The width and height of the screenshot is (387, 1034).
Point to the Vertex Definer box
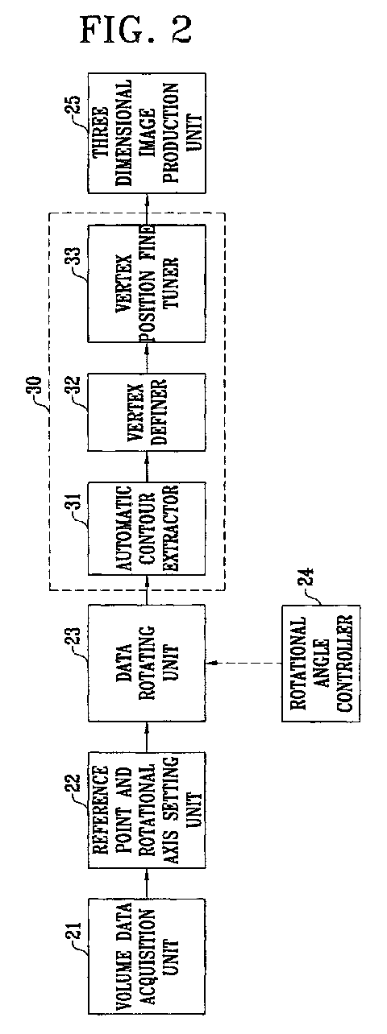pos(147,412)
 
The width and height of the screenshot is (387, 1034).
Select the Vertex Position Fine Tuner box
pos(147,283)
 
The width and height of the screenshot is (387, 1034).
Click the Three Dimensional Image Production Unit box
pos(147,133)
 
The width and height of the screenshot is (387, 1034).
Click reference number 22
pos(75,785)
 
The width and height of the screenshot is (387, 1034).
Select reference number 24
pos(309,579)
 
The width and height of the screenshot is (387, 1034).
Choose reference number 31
pos(74,507)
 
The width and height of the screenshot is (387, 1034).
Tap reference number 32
pos(74,389)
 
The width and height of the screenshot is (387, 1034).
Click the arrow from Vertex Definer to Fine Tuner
pos(147,358)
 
